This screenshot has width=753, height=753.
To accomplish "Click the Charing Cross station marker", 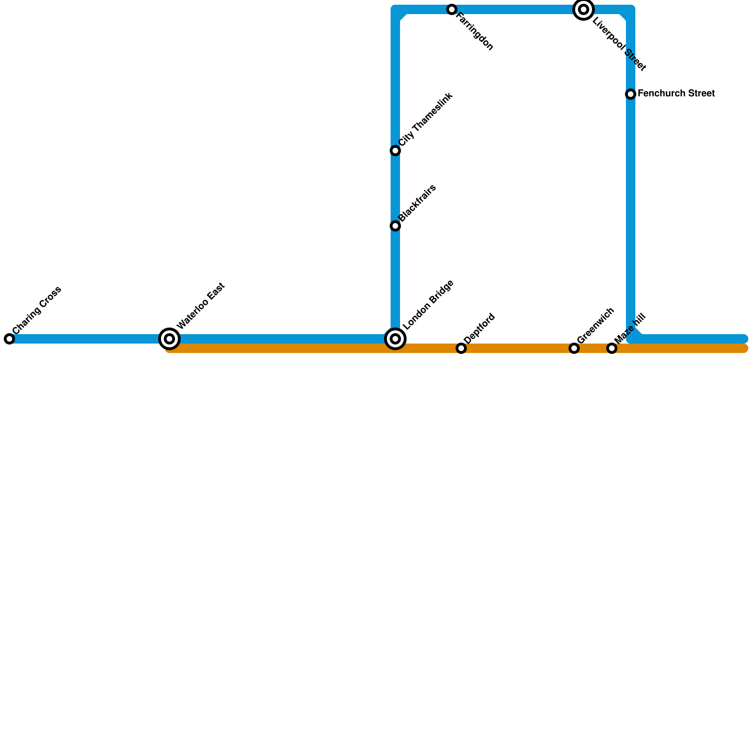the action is click(9, 339).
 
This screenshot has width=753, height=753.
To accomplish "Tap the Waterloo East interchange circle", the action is click(169, 339).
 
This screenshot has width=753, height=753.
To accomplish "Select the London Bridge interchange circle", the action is click(395, 339).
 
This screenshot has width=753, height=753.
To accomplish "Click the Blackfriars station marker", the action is click(395, 226).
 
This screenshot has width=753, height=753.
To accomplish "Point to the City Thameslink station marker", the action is click(395, 151).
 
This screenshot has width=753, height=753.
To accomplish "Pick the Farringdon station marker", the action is click(452, 9).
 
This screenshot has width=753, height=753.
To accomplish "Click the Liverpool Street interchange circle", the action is click(584, 9).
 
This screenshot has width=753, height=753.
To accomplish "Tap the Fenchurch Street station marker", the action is click(631, 94).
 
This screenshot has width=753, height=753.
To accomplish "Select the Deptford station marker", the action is click(461, 348).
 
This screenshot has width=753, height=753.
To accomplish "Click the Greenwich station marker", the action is click(574, 348).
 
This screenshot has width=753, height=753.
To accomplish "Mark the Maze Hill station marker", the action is click(612, 348).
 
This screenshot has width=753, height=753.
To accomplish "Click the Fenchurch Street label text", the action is click(676, 94).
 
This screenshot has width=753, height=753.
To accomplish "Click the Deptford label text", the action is click(479, 328).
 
